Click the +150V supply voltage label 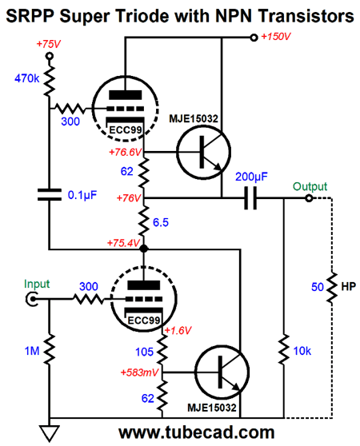(x=276, y=37)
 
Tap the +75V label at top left (x=48, y=44)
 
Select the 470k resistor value (x=26, y=78)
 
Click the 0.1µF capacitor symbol (x=50, y=194)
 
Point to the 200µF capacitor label (x=251, y=177)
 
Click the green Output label (x=310, y=186)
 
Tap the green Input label (x=37, y=284)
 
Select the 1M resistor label (x=32, y=351)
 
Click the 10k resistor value (x=302, y=351)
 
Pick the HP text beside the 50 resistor (x=349, y=286)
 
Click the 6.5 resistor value (x=161, y=222)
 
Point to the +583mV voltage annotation (x=139, y=372)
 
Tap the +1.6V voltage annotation (x=178, y=330)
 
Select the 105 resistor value (x=144, y=352)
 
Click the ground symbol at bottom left (x=50, y=433)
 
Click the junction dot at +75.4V (x=144, y=249)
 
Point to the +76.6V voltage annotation (x=126, y=152)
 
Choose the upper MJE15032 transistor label (x=194, y=118)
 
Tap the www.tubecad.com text (x=196, y=432)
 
